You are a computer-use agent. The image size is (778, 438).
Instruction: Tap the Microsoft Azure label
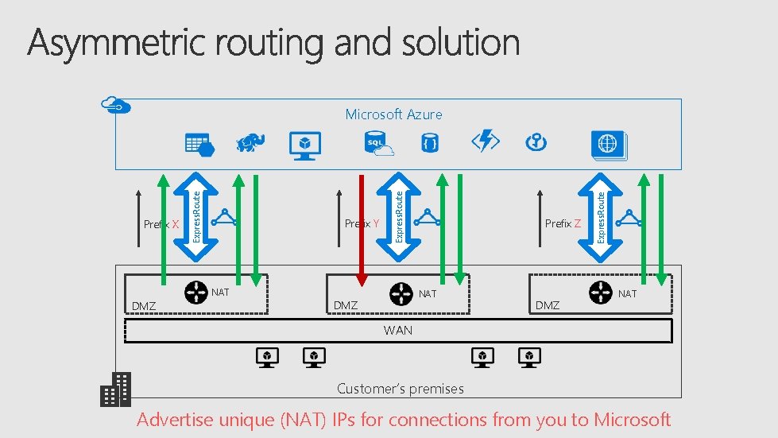pos(393,114)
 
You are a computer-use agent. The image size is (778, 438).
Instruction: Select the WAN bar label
pos(397,330)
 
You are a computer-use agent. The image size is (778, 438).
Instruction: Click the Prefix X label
pos(161,224)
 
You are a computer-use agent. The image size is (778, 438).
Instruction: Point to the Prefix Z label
pos(563,223)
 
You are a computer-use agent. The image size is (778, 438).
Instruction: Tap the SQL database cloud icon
pos(378,143)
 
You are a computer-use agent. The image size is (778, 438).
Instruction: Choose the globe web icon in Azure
pos(608,145)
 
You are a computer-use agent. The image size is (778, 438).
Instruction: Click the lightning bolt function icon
pos(485,141)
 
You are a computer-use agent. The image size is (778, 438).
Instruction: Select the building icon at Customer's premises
pos(115,389)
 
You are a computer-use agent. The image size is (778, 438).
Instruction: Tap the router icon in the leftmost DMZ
pos(195,293)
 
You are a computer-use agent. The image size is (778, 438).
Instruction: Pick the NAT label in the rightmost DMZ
pos(627,293)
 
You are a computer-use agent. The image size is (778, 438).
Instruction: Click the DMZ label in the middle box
pos(346,305)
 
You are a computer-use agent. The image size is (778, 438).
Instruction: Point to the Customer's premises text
pos(400,389)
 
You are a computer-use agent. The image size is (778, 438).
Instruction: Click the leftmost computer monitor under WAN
pos(268,357)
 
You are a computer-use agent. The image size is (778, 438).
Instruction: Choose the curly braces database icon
pos(430,143)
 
